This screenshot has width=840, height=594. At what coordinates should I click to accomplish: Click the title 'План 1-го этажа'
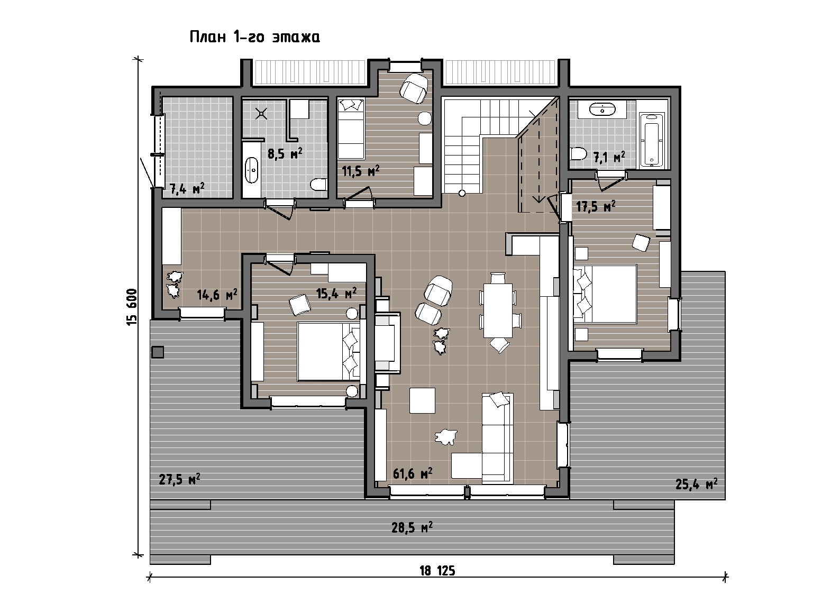254,37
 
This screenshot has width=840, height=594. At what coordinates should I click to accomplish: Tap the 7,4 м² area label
187,188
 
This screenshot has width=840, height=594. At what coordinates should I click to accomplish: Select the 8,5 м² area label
285,154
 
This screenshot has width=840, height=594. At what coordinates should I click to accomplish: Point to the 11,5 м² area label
361,171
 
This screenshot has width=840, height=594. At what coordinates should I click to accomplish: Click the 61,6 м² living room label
413,473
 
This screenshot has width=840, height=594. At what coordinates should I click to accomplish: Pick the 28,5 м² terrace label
412,528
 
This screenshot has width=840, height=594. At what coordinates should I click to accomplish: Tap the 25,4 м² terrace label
696,484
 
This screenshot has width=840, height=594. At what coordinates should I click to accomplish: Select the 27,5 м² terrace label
179,479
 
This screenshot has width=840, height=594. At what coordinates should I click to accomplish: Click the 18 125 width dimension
437,571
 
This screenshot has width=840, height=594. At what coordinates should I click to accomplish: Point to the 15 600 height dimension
132,307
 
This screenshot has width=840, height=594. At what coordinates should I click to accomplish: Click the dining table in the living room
498,310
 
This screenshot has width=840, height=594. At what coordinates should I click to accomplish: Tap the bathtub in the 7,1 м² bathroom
651,140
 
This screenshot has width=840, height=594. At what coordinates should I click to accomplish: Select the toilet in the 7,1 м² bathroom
579,154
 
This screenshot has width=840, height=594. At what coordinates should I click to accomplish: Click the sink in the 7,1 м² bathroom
602,110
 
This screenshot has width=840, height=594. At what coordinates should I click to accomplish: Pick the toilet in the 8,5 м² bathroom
319,184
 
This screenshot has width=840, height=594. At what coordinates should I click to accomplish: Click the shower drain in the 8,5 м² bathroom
261,113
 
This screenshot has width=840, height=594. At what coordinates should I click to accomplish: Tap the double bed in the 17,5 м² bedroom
605,294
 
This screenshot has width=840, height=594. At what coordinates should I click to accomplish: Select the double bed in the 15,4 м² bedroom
329,352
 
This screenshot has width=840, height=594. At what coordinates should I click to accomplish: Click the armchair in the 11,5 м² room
414,88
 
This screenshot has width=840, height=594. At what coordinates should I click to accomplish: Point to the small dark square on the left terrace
158,352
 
